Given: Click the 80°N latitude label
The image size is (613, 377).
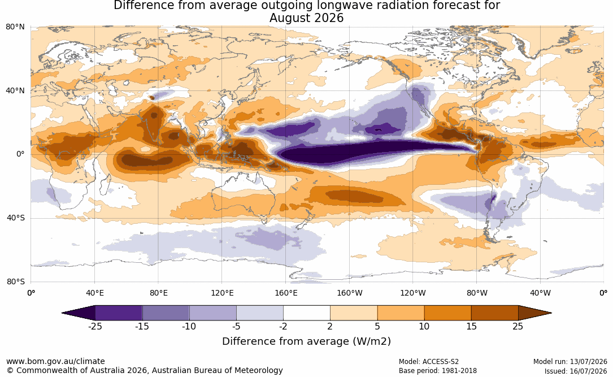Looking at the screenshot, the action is coord(15,27).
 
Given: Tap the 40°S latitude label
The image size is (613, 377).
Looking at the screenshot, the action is coord(15,218).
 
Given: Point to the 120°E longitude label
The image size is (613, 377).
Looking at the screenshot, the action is coord(222,293).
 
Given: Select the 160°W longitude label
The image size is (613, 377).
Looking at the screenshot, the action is coord(350,293).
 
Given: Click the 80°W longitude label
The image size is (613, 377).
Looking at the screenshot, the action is coord(477,293).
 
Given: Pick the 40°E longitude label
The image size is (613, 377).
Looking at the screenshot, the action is coord(94,293).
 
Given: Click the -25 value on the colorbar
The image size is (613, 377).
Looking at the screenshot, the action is coord(95,326).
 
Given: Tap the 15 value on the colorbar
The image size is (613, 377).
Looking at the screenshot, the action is coord(471,326).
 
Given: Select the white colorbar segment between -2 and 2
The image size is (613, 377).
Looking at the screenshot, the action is coord(307,313).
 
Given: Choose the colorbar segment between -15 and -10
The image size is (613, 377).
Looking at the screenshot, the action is coord(166,313).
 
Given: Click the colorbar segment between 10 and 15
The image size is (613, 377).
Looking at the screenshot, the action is coord(447,313).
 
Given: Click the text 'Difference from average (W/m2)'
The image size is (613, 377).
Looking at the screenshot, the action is coord(306,341).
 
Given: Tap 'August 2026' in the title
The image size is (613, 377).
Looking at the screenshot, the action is coord(306,18).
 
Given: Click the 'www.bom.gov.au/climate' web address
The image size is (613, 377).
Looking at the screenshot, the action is coord(55,361).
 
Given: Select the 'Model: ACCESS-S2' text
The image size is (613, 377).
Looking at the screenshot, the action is coord(428,362).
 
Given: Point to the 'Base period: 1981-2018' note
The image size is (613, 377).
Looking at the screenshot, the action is coord(438,371).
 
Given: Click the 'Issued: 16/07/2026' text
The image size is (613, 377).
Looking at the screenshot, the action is coord(576,371).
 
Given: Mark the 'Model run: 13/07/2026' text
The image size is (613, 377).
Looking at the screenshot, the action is coord(570,362).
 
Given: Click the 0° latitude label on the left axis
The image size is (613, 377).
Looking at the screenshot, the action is coord(20,154).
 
